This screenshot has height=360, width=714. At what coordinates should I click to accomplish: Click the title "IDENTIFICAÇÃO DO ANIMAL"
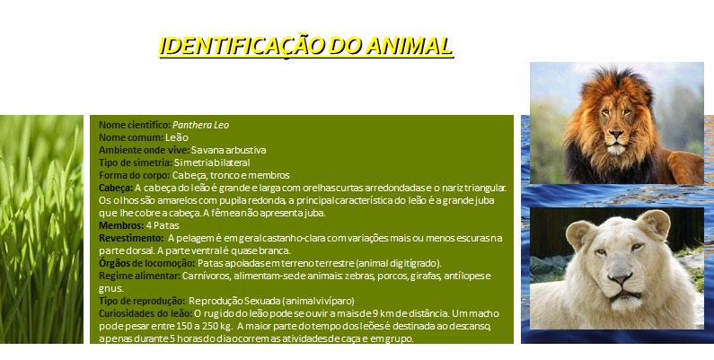click(x=305, y=46)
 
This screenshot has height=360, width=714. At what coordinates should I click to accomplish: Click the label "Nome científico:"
click(x=134, y=125)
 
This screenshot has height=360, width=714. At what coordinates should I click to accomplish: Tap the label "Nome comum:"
click(x=131, y=137)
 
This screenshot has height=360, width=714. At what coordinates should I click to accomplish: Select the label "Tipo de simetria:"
click(x=135, y=162)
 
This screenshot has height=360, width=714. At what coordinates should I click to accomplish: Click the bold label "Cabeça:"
click(x=116, y=188)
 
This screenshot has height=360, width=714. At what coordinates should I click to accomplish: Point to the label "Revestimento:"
click(x=130, y=238)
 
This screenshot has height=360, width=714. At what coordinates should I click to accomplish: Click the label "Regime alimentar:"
click(x=139, y=276)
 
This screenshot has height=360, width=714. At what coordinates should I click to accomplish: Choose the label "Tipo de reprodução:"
click(x=142, y=301)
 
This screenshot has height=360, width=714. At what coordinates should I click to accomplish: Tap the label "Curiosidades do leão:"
click(x=145, y=313)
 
